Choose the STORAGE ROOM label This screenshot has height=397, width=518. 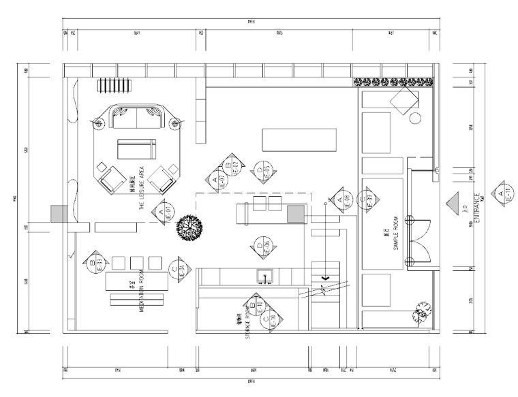249,319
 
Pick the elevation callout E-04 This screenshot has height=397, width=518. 177,268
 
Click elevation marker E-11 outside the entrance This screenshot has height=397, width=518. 502,194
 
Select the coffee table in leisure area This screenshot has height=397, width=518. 136,148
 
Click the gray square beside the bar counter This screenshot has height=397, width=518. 295,215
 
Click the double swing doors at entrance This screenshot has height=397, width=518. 419,240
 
